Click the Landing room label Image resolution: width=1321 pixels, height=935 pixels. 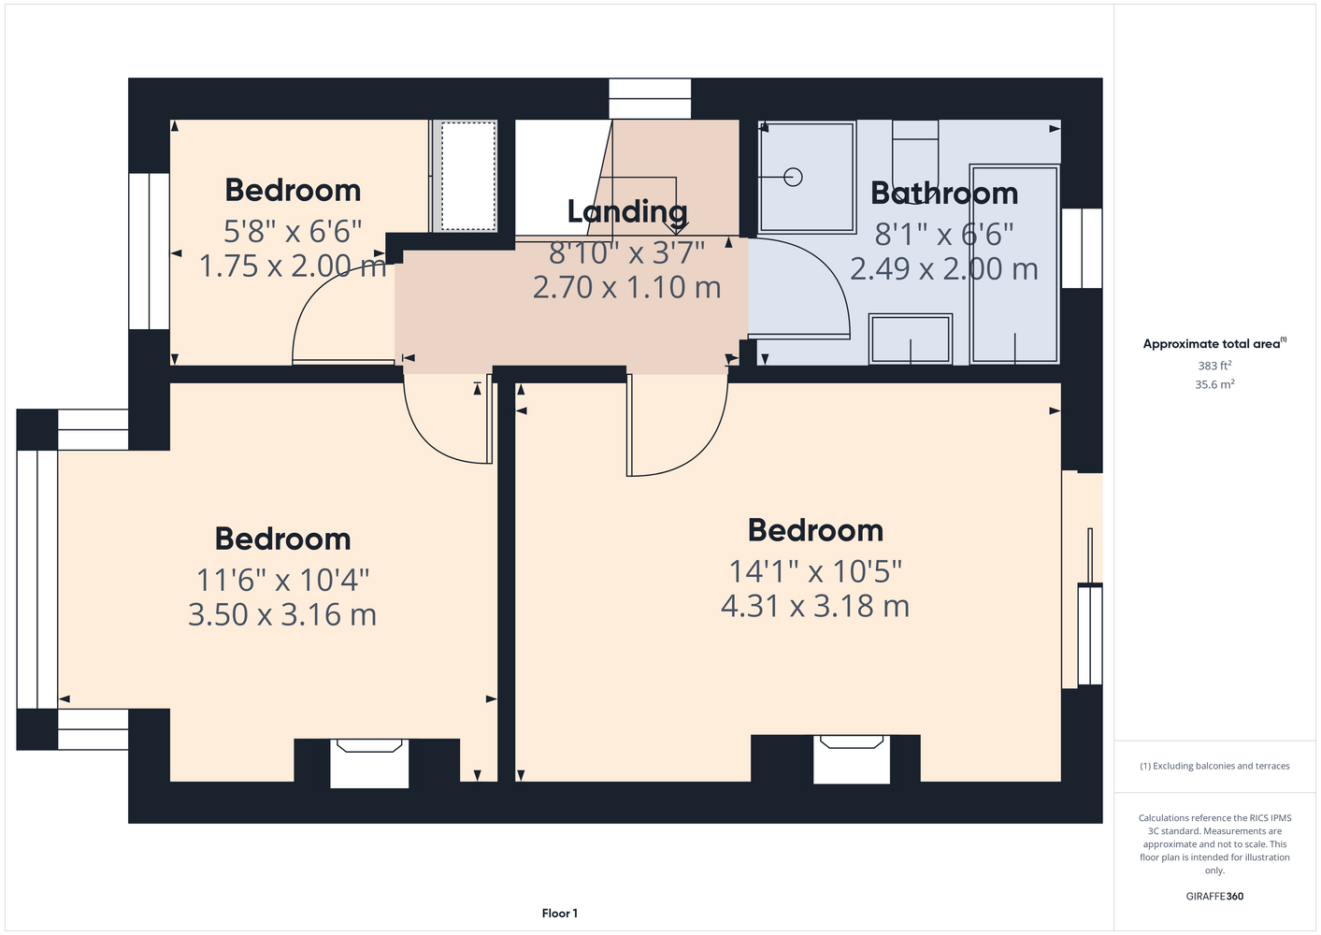tap(627, 212)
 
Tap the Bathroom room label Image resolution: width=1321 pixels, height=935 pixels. tap(944, 193)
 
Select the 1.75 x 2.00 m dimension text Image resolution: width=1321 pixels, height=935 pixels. tap(293, 266)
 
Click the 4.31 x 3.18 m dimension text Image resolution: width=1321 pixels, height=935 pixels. tap(815, 606)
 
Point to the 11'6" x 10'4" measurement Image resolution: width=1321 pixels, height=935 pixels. tap(282, 580)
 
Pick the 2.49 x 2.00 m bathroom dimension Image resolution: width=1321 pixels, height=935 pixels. tap(943, 269)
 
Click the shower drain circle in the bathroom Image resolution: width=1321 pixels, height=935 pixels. tap(793, 177)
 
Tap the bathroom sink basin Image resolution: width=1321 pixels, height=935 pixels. tap(911, 339)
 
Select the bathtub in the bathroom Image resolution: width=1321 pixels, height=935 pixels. tap(1014, 265)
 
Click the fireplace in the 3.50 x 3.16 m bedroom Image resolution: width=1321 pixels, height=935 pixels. tap(369, 763)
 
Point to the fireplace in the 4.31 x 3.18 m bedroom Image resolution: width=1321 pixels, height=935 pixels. tap(852, 759)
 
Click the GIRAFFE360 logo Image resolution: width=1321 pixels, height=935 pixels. tap(1214, 896)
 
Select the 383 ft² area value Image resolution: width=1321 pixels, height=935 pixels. tap(1214, 366)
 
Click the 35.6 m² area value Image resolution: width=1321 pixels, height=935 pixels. tap(1214, 384)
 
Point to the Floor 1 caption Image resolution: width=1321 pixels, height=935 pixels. tap(560, 913)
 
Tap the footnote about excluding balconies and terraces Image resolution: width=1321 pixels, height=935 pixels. tap(1214, 766)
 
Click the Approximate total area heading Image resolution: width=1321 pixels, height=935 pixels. tap(1214, 343)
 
